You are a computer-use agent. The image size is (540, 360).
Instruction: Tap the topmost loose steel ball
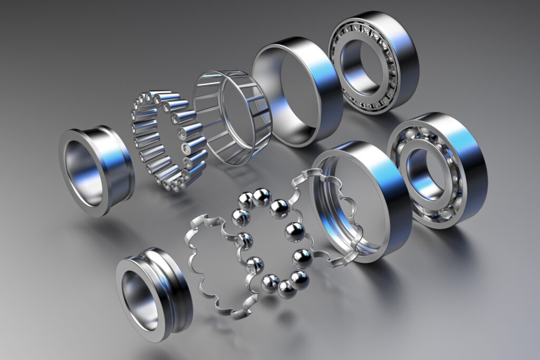(261, 197)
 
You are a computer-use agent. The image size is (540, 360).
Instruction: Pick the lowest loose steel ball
(287, 289)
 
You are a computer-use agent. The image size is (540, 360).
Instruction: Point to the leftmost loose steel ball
(240, 217)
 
